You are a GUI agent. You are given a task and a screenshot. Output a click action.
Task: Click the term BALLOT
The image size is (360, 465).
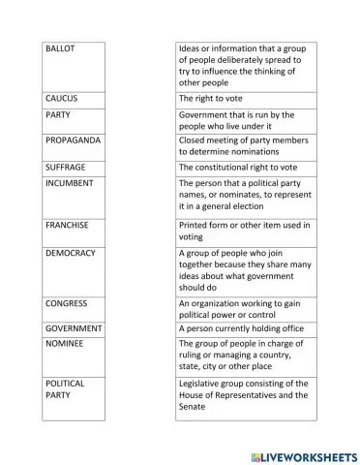point(61,47)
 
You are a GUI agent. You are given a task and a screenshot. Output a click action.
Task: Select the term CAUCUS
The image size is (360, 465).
point(62,99)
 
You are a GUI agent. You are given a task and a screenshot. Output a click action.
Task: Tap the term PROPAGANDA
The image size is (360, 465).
point(72,139)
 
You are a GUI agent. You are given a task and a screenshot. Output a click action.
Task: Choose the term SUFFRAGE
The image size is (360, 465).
point(66,167)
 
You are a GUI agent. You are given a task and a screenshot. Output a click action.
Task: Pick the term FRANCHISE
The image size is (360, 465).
point(68,225)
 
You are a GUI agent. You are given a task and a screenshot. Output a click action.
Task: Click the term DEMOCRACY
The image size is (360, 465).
point(71,253)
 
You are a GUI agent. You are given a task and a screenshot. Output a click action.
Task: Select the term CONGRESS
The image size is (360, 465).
point(67,303)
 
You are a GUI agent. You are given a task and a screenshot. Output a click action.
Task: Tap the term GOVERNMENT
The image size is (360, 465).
point(73,329)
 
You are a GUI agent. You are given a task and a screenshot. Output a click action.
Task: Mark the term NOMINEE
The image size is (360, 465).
point(65,343)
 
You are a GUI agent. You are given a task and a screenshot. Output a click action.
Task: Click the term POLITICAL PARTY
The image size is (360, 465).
point(65,389)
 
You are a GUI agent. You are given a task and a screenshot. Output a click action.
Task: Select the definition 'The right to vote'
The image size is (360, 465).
point(211,99)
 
